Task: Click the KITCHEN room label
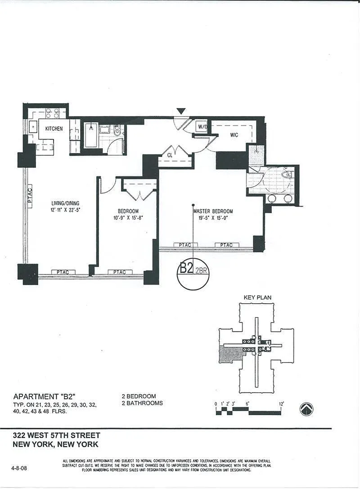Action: tap(54, 129)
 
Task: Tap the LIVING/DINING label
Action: tap(65, 203)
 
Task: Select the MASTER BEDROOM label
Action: tap(213, 211)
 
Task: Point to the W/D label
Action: tap(202, 127)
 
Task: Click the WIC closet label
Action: tap(234, 134)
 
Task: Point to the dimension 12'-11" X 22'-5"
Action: tap(65, 210)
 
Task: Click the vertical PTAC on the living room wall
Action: tap(30, 196)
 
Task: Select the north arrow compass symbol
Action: tap(306, 409)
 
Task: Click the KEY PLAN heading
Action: tap(257, 297)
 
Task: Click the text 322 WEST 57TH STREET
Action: tap(57, 435)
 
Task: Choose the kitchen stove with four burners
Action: tap(53, 112)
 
